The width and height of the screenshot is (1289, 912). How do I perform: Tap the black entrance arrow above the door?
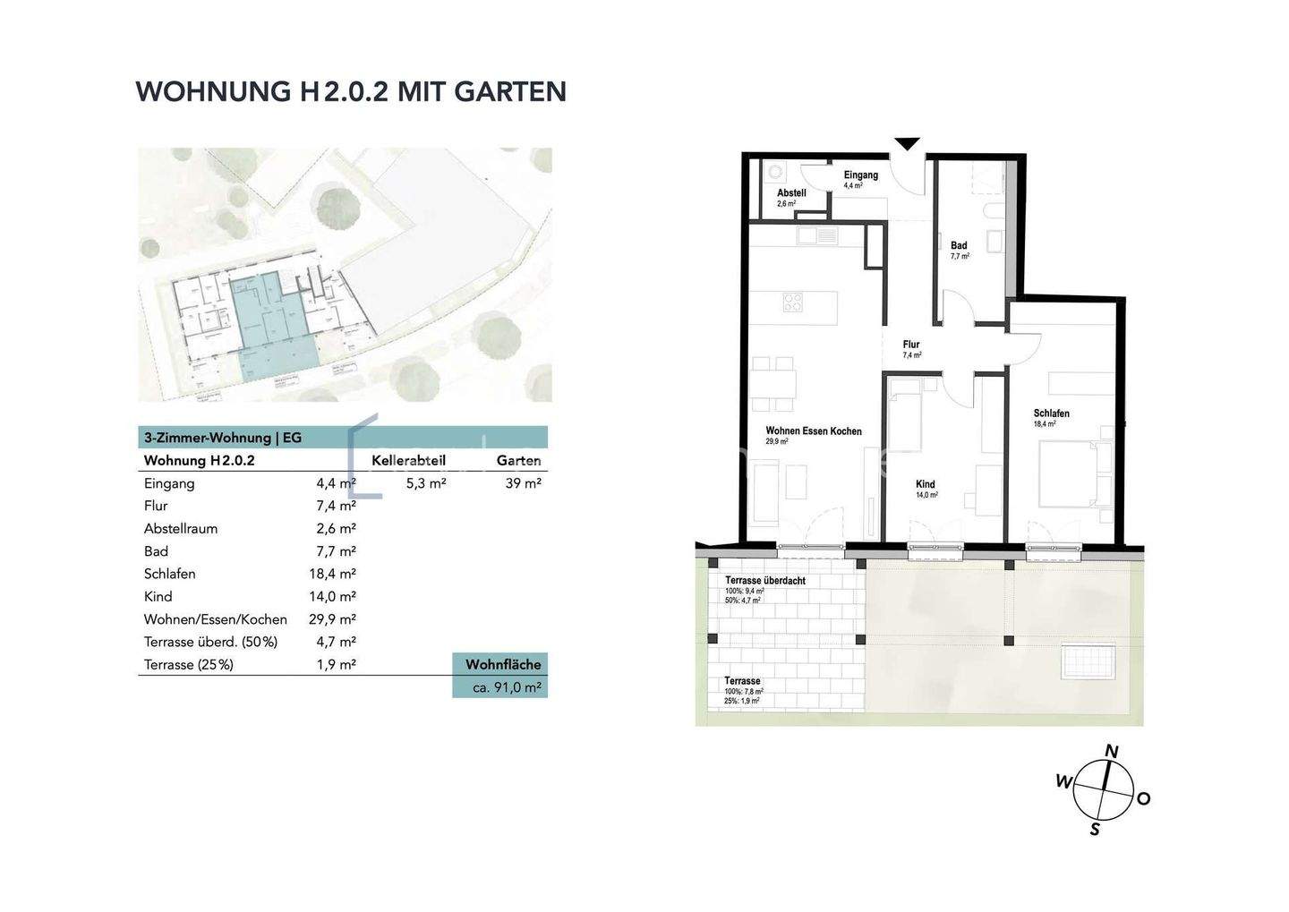coord(908,143)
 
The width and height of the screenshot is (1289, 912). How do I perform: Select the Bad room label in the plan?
coord(959,245)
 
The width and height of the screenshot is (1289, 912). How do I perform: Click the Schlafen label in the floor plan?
coord(1051,413)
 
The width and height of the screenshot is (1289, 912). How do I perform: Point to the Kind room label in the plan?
coord(925,484)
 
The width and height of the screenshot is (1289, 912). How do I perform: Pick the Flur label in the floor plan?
coord(911,345)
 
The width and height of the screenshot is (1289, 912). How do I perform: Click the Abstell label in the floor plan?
coord(791,193)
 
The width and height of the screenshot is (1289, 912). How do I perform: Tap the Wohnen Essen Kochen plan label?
coord(813,431)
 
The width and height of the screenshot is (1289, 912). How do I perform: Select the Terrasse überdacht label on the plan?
coord(764,581)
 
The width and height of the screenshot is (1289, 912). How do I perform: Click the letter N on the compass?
coord(1112,752)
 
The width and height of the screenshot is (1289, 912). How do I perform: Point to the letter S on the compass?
coord(1094,830)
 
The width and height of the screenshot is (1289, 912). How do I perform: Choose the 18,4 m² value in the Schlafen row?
coord(332,574)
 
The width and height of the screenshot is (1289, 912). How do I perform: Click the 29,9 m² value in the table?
coord(332,619)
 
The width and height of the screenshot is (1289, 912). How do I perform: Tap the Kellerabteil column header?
coord(408,460)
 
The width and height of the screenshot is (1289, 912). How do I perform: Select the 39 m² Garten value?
coord(523,483)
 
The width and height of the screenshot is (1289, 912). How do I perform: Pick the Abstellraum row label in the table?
coord(181,528)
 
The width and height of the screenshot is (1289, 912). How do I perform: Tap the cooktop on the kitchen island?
coord(793,303)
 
